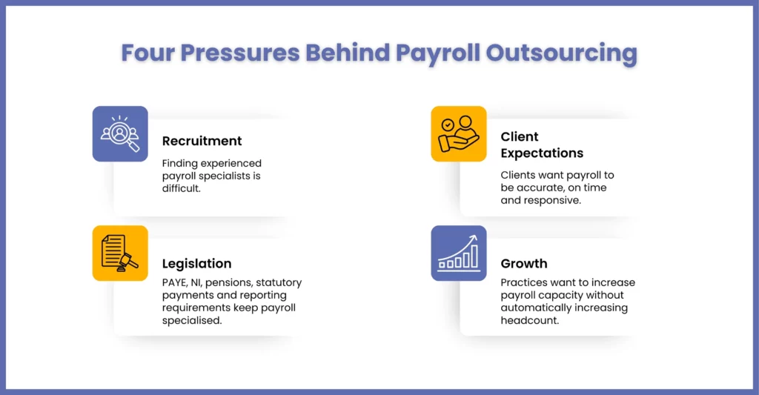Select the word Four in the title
[148, 53]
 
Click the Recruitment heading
[202, 141]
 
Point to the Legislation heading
[196, 264]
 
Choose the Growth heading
[524, 263]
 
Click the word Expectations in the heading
[542, 153]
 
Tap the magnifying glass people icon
[120, 133]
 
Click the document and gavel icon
[119, 253]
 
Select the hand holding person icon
[458, 133]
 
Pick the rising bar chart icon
[458, 252]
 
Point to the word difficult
[181, 188]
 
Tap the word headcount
[529, 320]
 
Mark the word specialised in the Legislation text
[192, 321]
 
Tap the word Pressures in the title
[240, 53]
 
